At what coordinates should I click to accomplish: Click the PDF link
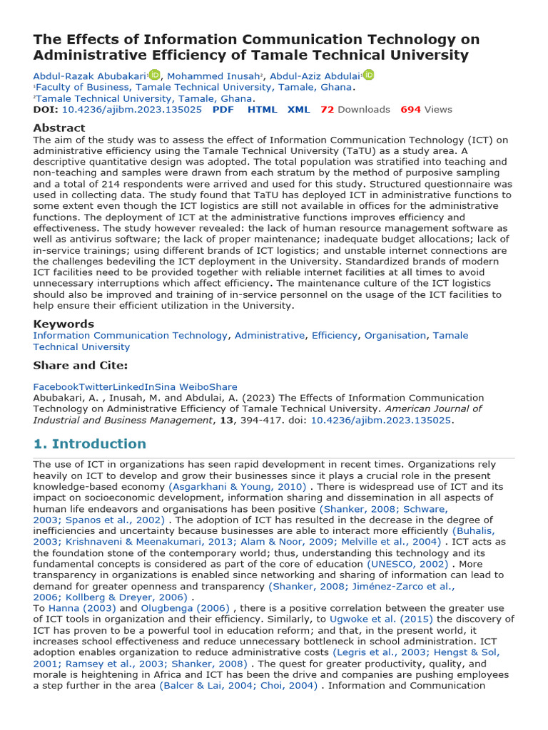pyautogui.click(x=223, y=110)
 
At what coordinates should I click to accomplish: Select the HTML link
pyautogui.click(x=262, y=110)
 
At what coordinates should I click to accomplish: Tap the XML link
pyautogui.click(x=298, y=110)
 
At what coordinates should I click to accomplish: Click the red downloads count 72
pyautogui.click(x=327, y=110)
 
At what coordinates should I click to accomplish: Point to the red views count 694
pyautogui.click(x=410, y=110)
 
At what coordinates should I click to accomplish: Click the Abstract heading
pyautogui.click(x=59, y=128)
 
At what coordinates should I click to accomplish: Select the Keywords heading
pyautogui.click(x=64, y=324)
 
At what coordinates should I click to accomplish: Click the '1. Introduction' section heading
pyautogui.click(x=89, y=444)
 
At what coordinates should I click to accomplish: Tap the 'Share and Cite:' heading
pyautogui.click(x=81, y=366)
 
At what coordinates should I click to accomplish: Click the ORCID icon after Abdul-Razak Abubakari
pyautogui.click(x=155, y=75)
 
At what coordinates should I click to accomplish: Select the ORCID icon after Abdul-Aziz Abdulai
pyautogui.click(x=368, y=75)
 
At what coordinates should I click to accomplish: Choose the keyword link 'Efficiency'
pyautogui.click(x=334, y=335)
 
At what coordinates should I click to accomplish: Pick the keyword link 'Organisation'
pyautogui.click(x=395, y=335)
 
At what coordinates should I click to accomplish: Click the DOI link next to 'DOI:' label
pyautogui.click(x=132, y=110)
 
